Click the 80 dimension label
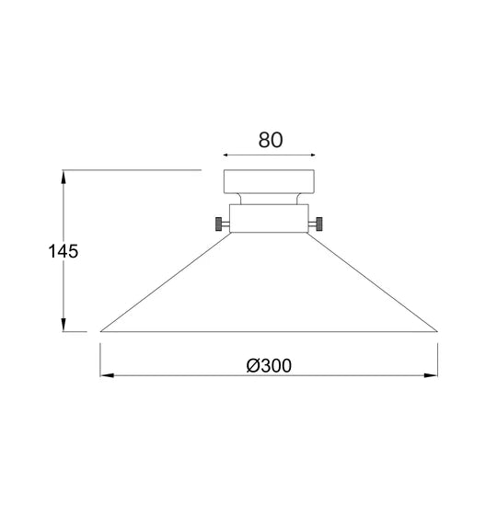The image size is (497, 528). (x=271, y=140)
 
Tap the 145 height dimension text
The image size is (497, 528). (x=63, y=251)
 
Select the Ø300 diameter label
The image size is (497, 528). (x=269, y=366)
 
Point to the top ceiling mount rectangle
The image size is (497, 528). (x=269, y=181)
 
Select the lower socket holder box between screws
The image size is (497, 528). (x=269, y=218)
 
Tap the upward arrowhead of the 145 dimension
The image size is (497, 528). (x=64, y=177)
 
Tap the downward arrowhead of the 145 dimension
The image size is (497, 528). (x=64, y=325)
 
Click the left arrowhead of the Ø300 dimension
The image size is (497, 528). (x=107, y=375)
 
